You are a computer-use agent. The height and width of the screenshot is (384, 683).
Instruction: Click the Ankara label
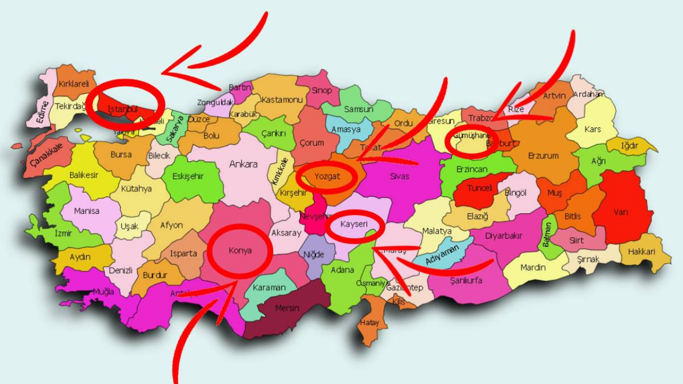click(243, 164)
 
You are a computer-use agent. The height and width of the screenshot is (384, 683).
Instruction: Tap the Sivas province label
click(399, 175)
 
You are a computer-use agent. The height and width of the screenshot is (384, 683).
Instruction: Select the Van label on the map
click(621, 212)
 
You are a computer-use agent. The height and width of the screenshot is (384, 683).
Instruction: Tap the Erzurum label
click(543, 156)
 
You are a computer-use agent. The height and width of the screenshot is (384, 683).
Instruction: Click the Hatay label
click(369, 323)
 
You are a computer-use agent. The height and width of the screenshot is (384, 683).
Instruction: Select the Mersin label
click(287, 308)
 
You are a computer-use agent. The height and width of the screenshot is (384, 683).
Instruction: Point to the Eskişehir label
click(188, 177)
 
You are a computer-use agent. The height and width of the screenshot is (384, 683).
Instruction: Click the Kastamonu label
click(282, 100)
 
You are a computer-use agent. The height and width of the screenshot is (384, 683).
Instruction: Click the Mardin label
click(533, 267)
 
